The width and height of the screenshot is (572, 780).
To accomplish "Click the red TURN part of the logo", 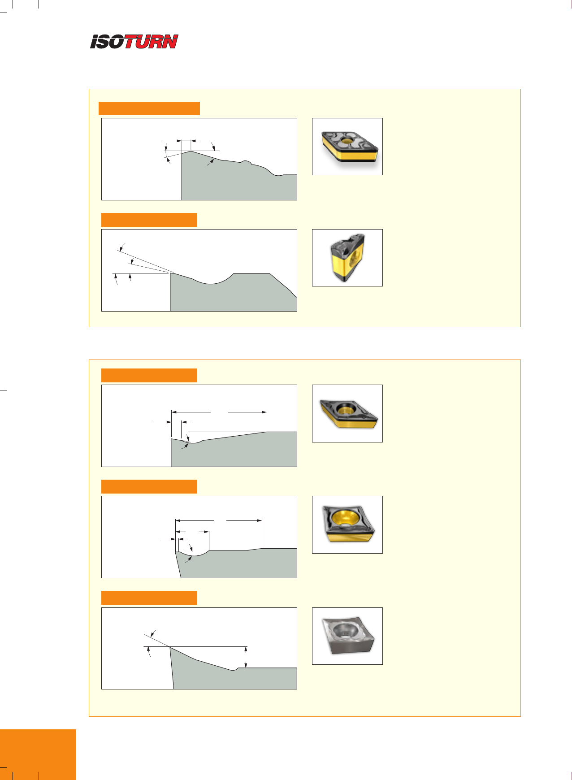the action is pyautogui.click(x=151, y=42).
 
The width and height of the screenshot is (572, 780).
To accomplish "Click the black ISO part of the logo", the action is pyautogui.click(x=108, y=42).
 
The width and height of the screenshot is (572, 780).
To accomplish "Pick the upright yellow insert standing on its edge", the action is pyautogui.click(x=347, y=257).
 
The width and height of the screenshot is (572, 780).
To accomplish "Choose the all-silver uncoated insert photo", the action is pyautogui.click(x=348, y=636).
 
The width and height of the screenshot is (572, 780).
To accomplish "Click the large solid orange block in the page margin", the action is pyautogui.click(x=38, y=754).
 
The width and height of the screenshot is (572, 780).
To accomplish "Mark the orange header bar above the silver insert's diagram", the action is pyautogui.click(x=149, y=598).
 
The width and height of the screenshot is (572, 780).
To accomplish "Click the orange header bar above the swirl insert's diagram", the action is pyautogui.click(x=149, y=108).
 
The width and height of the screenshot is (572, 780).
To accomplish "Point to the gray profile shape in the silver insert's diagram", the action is pyautogui.click(x=233, y=668).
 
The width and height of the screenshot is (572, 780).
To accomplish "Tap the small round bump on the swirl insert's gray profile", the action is pyautogui.click(x=245, y=162).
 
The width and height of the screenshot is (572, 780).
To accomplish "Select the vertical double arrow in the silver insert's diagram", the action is pyautogui.click(x=246, y=657).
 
